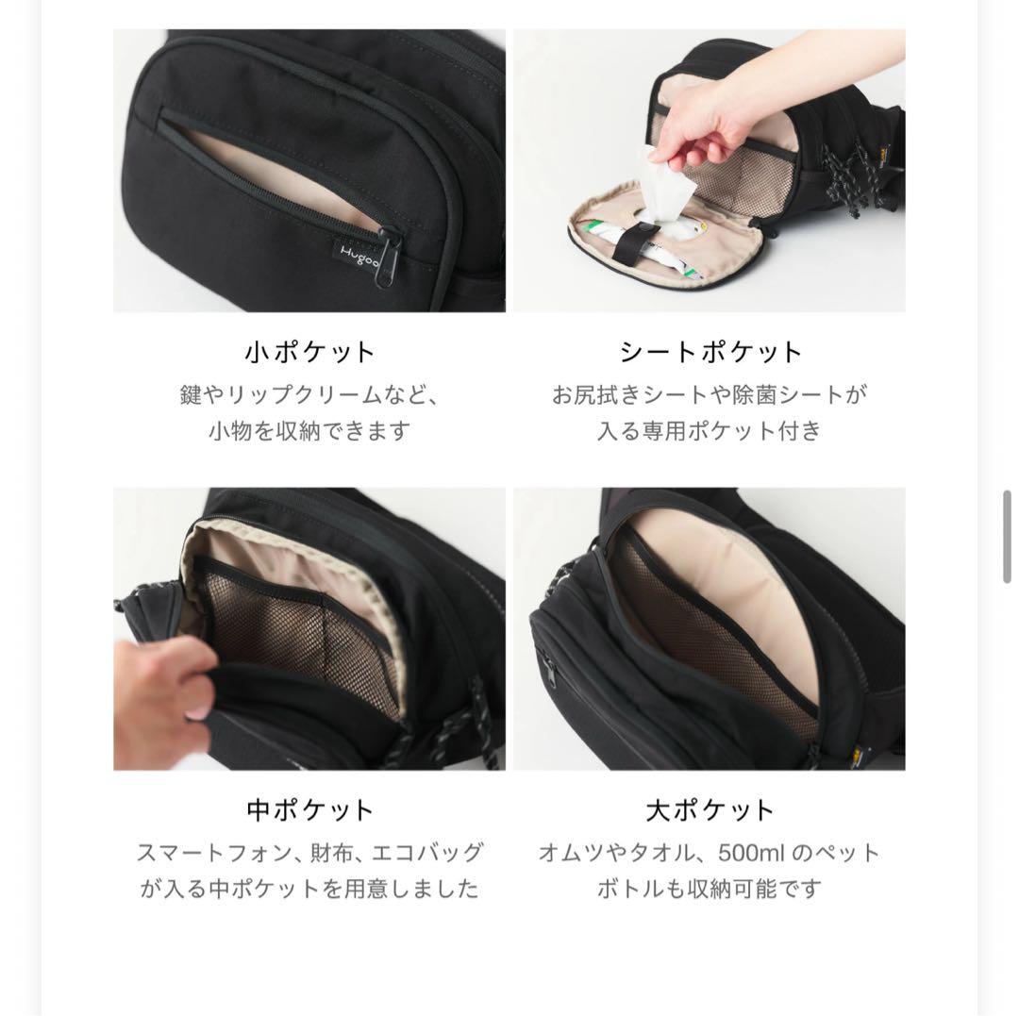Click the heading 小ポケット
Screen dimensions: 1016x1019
tap(309, 353)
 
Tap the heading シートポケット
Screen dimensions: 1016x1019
tap(710, 353)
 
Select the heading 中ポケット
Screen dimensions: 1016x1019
tap(309, 810)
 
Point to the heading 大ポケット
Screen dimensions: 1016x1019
tap(710, 810)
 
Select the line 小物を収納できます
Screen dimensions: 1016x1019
tap(309, 431)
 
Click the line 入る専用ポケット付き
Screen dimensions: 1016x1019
tap(710, 431)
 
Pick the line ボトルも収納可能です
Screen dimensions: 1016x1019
tap(710, 889)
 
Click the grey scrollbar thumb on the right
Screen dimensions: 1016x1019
tap(1008, 538)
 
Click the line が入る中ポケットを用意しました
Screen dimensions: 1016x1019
tap(309, 889)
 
